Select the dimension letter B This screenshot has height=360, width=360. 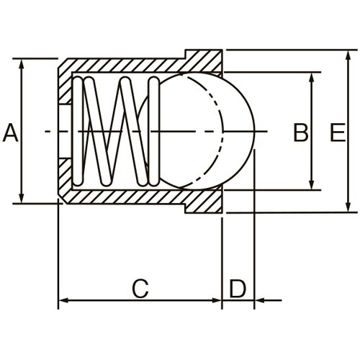coord(300,132)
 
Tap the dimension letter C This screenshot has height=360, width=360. coord(141,289)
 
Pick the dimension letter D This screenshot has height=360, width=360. coord(238,289)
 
